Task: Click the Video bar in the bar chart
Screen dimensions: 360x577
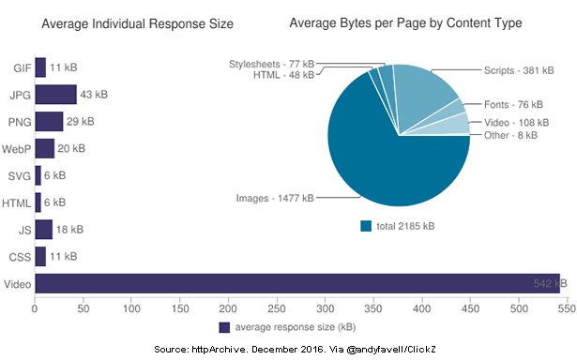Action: (x=296, y=283)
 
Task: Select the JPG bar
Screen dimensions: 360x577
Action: (x=55, y=95)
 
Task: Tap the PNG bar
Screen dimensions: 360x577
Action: (x=49, y=122)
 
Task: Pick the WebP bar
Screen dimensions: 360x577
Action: (x=44, y=148)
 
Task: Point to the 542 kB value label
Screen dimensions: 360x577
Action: (x=541, y=283)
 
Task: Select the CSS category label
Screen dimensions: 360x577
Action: (x=19, y=256)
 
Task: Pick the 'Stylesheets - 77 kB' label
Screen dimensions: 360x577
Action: (x=270, y=64)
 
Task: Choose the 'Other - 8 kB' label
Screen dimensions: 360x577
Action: (x=511, y=135)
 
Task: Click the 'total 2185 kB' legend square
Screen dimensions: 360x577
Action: (x=367, y=225)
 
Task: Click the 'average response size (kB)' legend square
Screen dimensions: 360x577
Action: (x=224, y=327)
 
